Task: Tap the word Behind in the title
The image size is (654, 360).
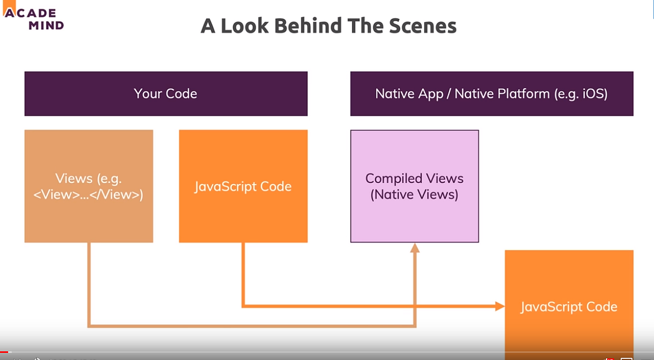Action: click(x=312, y=26)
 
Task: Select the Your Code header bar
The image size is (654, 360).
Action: click(x=166, y=94)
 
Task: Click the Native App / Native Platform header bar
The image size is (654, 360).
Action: click(x=491, y=94)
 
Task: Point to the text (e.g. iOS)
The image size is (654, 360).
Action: click(x=580, y=94)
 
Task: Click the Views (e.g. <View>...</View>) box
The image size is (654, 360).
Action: click(x=88, y=186)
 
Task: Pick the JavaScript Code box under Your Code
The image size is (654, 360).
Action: click(x=243, y=186)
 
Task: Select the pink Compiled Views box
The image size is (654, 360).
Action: click(x=414, y=186)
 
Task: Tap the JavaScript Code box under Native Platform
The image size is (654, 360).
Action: click(x=569, y=307)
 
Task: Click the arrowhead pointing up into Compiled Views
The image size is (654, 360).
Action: click(x=415, y=248)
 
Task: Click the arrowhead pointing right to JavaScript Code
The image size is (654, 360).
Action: click(x=500, y=306)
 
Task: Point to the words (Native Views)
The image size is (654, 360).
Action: click(x=414, y=194)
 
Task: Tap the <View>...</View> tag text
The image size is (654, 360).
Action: click(x=88, y=194)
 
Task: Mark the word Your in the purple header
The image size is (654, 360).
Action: click(x=148, y=94)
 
